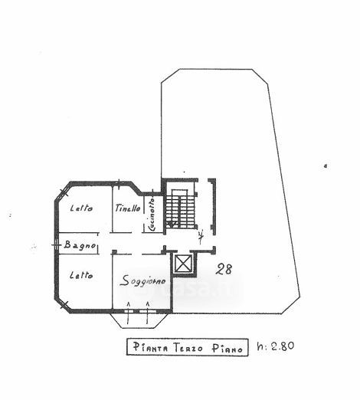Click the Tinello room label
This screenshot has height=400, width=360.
coord(128,208)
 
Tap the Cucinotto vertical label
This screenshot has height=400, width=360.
coord(152,215)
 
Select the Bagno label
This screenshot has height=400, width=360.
coord(80,245)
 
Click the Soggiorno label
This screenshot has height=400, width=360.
coord(142,281)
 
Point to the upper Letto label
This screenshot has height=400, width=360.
coord(81,208)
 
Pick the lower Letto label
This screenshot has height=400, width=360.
coord(81,275)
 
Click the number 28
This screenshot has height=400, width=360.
coord(224,270)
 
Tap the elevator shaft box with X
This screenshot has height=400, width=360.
coord(182,263)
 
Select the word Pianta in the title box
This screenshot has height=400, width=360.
coord(151,347)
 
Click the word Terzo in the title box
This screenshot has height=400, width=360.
coord(188,348)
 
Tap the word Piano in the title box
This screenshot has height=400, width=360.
coord(227,349)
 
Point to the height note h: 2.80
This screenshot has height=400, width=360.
coord(276,346)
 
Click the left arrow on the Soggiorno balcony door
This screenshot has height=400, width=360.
coord(129,313)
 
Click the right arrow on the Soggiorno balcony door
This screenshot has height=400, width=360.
coord(148,313)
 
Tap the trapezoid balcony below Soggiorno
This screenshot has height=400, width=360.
coord(140,320)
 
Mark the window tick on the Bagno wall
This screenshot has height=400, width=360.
coord(56,245)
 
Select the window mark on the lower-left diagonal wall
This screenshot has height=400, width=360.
coord(64,304)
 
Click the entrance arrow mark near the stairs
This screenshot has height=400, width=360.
coord(201,237)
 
